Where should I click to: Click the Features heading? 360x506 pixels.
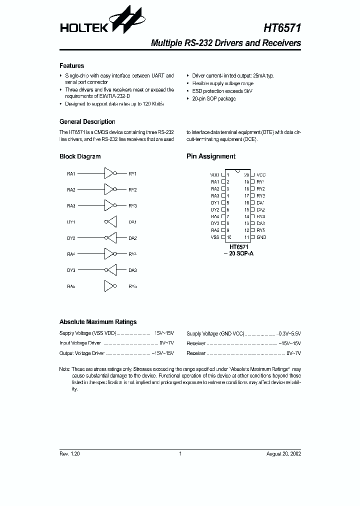point(71,66)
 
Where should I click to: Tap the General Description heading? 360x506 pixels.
point(87,122)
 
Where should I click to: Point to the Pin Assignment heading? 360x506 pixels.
point(210,156)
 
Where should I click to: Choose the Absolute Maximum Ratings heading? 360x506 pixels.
point(97,322)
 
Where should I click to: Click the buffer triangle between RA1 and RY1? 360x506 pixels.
point(108,173)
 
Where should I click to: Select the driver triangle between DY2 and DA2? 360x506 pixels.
point(112,238)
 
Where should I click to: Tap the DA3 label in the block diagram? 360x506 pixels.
point(132,270)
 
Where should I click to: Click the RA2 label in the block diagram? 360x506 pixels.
point(71,189)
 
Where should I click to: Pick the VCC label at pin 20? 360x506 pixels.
point(261,175)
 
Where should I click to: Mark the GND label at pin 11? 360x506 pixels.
point(261,237)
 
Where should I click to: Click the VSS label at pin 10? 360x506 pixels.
point(214,237)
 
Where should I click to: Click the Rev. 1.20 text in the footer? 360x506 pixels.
point(69,454)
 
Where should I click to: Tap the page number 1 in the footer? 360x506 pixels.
point(180,454)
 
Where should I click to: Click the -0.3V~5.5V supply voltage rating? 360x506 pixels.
point(290,333)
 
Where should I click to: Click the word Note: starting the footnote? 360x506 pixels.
point(64,369)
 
